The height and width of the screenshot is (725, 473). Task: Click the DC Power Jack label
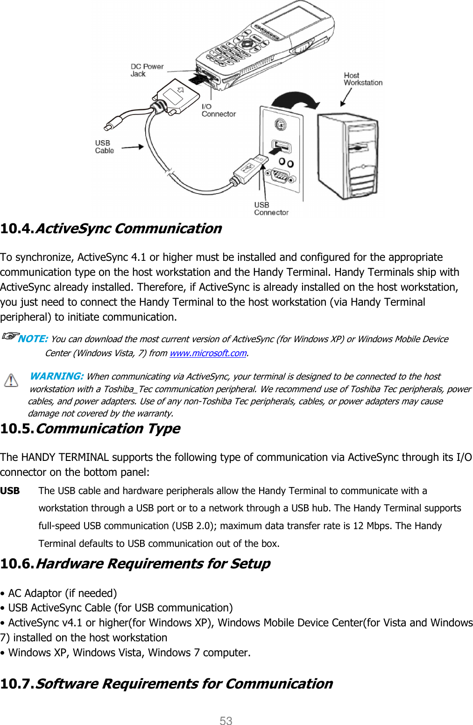[147, 70]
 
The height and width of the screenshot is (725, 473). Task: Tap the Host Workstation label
[363, 79]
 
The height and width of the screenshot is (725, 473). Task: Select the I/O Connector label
[218, 110]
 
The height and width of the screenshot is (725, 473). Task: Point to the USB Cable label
[105, 147]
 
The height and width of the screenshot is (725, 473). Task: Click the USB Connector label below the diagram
[271, 208]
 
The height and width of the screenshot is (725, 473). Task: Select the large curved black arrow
[296, 100]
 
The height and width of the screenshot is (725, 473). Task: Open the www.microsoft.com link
[208, 353]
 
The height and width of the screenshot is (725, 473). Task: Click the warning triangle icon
[11, 380]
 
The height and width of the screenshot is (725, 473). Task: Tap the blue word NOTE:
[33, 339]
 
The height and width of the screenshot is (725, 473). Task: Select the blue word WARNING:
[56, 376]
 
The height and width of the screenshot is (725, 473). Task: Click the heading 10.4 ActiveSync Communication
[111, 229]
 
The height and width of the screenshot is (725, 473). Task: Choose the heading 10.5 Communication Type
[90, 429]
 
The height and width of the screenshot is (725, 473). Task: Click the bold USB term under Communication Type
[10, 491]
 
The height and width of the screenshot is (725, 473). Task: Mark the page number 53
[226, 721]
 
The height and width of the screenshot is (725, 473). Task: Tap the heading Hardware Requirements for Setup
[135, 564]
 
